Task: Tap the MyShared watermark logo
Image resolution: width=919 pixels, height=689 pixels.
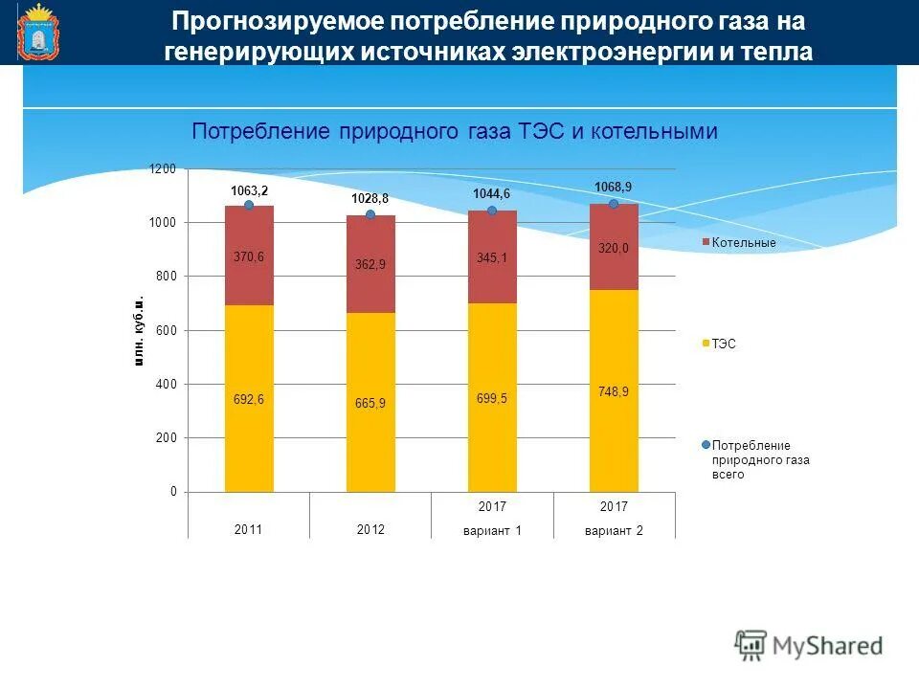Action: (809, 645)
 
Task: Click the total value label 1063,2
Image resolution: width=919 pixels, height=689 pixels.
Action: (249, 191)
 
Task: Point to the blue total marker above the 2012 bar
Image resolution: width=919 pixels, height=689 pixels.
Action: (370, 214)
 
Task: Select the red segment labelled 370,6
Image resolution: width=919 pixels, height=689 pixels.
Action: (249, 256)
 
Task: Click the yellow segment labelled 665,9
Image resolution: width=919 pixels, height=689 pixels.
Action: (370, 402)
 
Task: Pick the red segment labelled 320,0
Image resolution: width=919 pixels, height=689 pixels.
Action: (614, 248)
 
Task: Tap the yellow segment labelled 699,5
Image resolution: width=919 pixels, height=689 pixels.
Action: (492, 397)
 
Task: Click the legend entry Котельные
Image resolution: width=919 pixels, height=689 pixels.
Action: (744, 243)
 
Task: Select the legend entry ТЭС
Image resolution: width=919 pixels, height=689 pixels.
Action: (724, 343)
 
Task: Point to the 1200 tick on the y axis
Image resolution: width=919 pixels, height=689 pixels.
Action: (163, 169)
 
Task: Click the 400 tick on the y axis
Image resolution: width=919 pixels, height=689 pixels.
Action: (167, 385)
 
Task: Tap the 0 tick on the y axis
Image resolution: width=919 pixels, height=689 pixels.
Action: (172, 492)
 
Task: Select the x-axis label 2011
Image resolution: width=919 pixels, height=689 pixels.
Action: (248, 529)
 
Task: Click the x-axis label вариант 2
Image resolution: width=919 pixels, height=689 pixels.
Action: (614, 530)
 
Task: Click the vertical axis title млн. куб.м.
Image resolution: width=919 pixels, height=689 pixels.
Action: (139, 331)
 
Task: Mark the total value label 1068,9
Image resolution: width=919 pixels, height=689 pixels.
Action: (614, 187)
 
